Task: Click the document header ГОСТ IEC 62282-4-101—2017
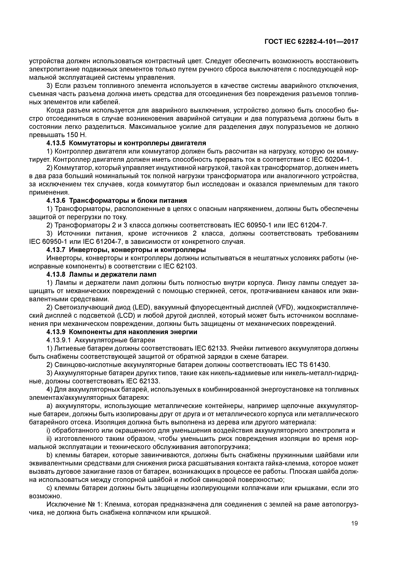pos(311,42)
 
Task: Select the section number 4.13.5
pos(56,143)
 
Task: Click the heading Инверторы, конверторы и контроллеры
pos(137,250)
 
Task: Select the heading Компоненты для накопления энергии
pos(133,332)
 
